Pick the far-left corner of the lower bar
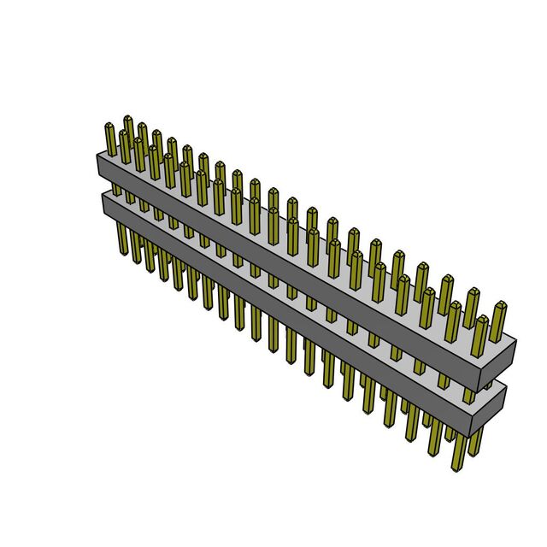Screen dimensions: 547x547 [x=103, y=193]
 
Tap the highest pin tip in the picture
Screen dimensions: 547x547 [x=127, y=117]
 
